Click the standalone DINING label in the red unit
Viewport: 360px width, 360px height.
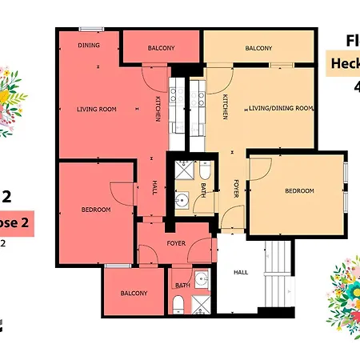point(89,45)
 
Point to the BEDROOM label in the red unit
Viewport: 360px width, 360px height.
point(95,210)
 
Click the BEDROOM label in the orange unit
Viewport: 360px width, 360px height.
point(300,191)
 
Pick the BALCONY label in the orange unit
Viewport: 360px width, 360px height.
point(258,49)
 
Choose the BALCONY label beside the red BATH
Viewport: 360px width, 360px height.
point(134,294)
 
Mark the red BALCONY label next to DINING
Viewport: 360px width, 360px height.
point(161,49)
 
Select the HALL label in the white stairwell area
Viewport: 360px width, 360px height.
point(240,272)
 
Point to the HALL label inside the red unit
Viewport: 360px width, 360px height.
point(154,189)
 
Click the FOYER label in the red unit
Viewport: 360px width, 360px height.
point(176,242)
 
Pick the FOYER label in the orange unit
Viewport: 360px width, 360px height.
point(237,188)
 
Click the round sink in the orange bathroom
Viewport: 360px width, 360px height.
point(182,200)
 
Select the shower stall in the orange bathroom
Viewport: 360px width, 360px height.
point(184,170)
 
